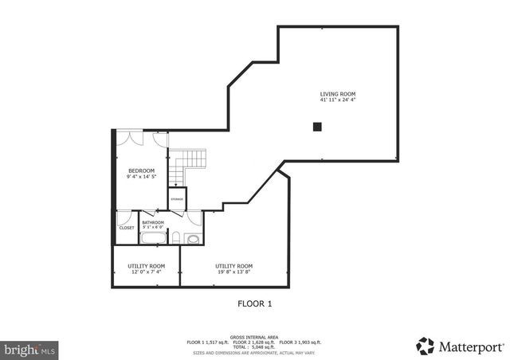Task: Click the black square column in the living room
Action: point(317,126)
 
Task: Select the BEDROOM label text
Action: point(142,170)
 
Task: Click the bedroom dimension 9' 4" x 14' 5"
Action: point(142,177)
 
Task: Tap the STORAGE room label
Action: point(176,199)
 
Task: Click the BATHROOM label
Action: point(153,222)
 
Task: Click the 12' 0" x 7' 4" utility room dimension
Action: point(147,272)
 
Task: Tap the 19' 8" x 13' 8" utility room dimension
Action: point(233,272)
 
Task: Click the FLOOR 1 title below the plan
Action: point(256,303)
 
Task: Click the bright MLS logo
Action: point(30,349)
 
